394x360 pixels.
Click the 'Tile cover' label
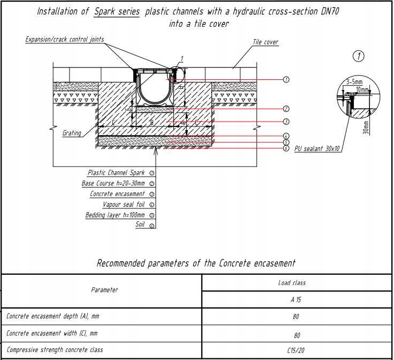pyautogui.click(x=266, y=42)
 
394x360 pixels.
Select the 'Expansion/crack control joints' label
pyautogui.click(x=65, y=40)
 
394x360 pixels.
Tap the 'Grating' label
pyautogui.click(x=72, y=133)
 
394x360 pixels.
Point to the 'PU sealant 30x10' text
pyautogui.click(x=317, y=149)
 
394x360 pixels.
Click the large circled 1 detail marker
pyautogui.click(x=359, y=56)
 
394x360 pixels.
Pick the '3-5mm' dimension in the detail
pyautogui.click(x=354, y=82)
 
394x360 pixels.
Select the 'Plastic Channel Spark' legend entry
pyautogui.click(x=116, y=173)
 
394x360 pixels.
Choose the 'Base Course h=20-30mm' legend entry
pyautogui.click(x=113, y=183)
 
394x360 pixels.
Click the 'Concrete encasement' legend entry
pyautogui.click(x=117, y=194)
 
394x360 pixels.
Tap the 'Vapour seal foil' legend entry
pyautogui.click(x=124, y=204)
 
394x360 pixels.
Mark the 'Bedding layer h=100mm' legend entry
pyautogui.click(x=115, y=215)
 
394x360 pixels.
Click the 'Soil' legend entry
pyautogui.click(x=140, y=225)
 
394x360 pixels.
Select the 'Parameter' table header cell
pyautogui.click(x=104, y=290)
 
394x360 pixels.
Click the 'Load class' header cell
pyautogui.click(x=292, y=282)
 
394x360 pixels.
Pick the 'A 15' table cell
pyautogui.click(x=295, y=299)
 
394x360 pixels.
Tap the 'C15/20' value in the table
pyautogui.click(x=295, y=350)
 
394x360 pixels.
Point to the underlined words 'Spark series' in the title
pyautogui.click(x=117, y=12)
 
